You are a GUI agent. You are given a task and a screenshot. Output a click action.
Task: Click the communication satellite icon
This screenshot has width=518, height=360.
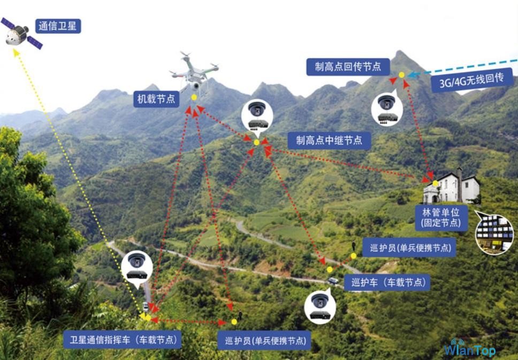[21, 33]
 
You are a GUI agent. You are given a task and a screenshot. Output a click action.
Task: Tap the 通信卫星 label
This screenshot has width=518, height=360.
[58, 26]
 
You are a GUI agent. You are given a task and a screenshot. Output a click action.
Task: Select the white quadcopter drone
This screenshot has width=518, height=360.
[194, 73]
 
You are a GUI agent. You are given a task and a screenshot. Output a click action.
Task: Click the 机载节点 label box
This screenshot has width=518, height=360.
[156, 99]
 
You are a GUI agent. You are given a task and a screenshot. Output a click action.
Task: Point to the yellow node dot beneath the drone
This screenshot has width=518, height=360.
[194, 97]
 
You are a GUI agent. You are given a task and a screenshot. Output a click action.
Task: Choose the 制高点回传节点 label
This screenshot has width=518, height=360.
[348, 67]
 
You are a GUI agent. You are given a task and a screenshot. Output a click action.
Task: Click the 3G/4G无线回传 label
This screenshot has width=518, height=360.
[472, 80]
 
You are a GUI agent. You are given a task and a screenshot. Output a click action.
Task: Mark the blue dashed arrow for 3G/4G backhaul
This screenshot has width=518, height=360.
[462, 68]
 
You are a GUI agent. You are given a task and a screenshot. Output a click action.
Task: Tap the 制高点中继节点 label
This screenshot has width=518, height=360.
[329, 140]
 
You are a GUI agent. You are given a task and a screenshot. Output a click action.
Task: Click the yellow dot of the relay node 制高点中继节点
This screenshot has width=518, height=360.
[257, 142]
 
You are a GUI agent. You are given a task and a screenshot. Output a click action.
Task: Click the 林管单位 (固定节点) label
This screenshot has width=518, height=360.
[441, 217]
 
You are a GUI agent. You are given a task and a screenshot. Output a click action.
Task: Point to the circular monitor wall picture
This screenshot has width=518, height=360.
[494, 234]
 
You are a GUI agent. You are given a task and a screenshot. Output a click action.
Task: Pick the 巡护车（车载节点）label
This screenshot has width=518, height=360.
[387, 282]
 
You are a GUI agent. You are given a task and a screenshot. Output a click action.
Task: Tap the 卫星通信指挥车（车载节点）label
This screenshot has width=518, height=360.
[122, 340]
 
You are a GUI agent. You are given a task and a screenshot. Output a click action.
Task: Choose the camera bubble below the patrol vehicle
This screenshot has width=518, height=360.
[320, 306]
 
